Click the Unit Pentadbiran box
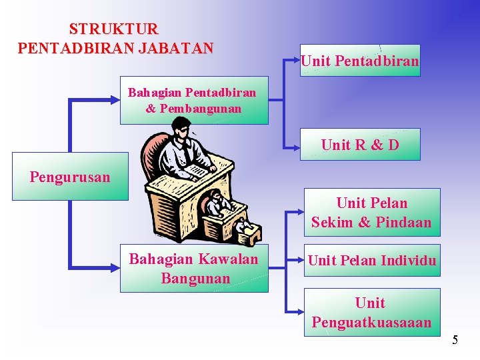(360, 61)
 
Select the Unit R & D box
(360, 144)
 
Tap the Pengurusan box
(70, 177)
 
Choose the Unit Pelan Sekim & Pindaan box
(372, 212)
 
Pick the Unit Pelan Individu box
(372, 260)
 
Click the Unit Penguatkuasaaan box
(372, 312)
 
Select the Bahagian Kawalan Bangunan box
(193, 269)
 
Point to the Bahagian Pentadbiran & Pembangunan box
(193, 100)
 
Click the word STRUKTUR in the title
(114, 29)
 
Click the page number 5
(455, 340)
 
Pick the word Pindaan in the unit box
(403, 222)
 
